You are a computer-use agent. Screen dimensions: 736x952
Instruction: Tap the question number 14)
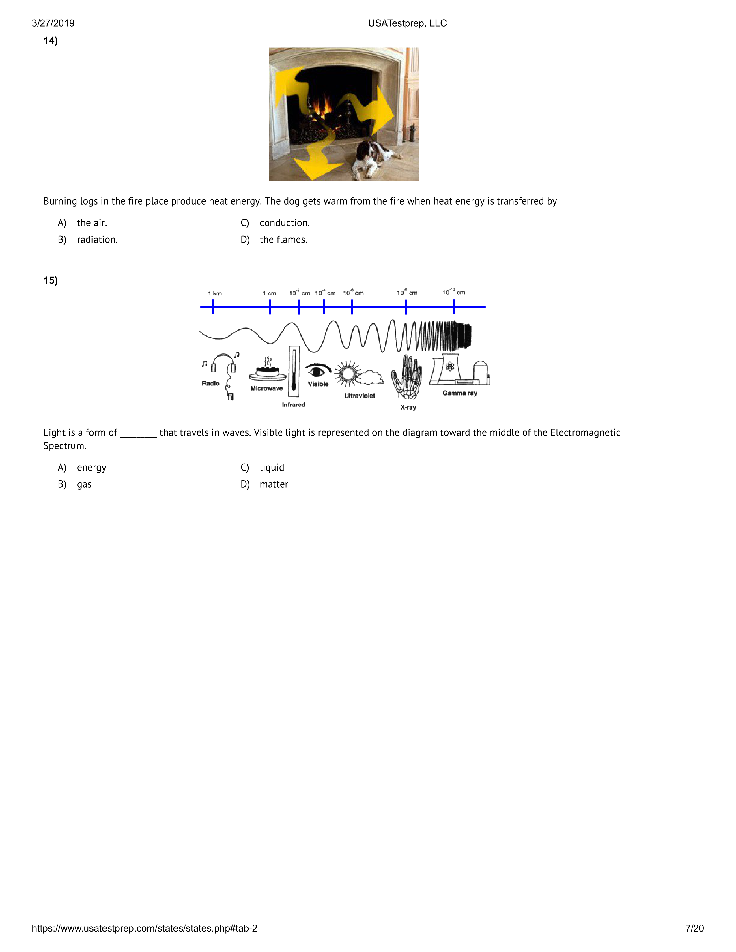click(51, 41)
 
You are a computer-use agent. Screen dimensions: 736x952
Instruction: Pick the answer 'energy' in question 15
click(91, 468)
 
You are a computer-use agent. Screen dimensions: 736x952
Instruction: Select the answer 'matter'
click(274, 484)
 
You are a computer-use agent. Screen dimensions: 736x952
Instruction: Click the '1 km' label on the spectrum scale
click(214, 293)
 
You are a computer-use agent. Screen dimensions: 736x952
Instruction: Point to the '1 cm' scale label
click(270, 293)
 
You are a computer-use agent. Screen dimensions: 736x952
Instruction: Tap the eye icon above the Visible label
click(317, 371)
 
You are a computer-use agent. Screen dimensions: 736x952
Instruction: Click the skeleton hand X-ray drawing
click(406, 377)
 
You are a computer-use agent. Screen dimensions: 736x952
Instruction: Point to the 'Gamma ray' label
click(460, 393)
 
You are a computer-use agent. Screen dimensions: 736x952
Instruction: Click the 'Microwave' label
click(266, 388)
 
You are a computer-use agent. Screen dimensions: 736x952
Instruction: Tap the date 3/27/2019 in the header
click(53, 23)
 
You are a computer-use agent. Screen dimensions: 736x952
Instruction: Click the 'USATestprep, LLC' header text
click(407, 23)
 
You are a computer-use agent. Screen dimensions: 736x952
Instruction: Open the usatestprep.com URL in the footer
click(144, 928)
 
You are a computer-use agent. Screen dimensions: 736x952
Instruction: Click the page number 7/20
click(694, 928)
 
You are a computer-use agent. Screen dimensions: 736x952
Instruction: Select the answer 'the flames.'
click(283, 239)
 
